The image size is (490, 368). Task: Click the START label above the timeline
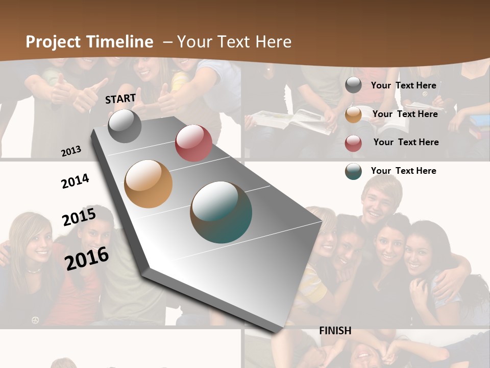pyautogui.click(x=120, y=99)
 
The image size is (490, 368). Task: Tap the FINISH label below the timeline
pyautogui.click(x=335, y=331)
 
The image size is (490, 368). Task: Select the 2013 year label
pyautogui.click(x=71, y=151)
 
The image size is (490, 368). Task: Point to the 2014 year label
pyautogui.click(x=75, y=181)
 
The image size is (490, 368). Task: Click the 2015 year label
pyautogui.click(x=79, y=217)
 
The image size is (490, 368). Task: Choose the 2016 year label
pyautogui.click(x=87, y=258)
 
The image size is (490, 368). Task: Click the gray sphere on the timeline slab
pyautogui.click(x=125, y=126)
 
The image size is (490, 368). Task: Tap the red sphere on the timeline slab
pyautogui.click(x=193, y=143)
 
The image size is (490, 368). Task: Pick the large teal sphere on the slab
pyautogui.click(x=221, y=212)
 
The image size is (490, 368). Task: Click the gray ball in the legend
pyautogui.click(x=353, y=85)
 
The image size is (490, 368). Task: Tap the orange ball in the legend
pyautogui.click(x=353, y=114)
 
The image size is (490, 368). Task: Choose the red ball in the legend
pyautogui.click(x=353, y=143)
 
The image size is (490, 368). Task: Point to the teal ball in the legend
pyautogui.click(x=353, y=171)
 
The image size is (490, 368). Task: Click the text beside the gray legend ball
pyautogui.click(x=404, y=85)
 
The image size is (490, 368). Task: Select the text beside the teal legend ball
pyautogui.click(x=404, y=171)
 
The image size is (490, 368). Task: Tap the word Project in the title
pyautogui.click(x=53, y=42)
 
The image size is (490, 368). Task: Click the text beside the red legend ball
pyautogui.click(x=406, y=142)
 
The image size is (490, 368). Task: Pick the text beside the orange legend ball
pyautogui.click(x=405, y=114)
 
